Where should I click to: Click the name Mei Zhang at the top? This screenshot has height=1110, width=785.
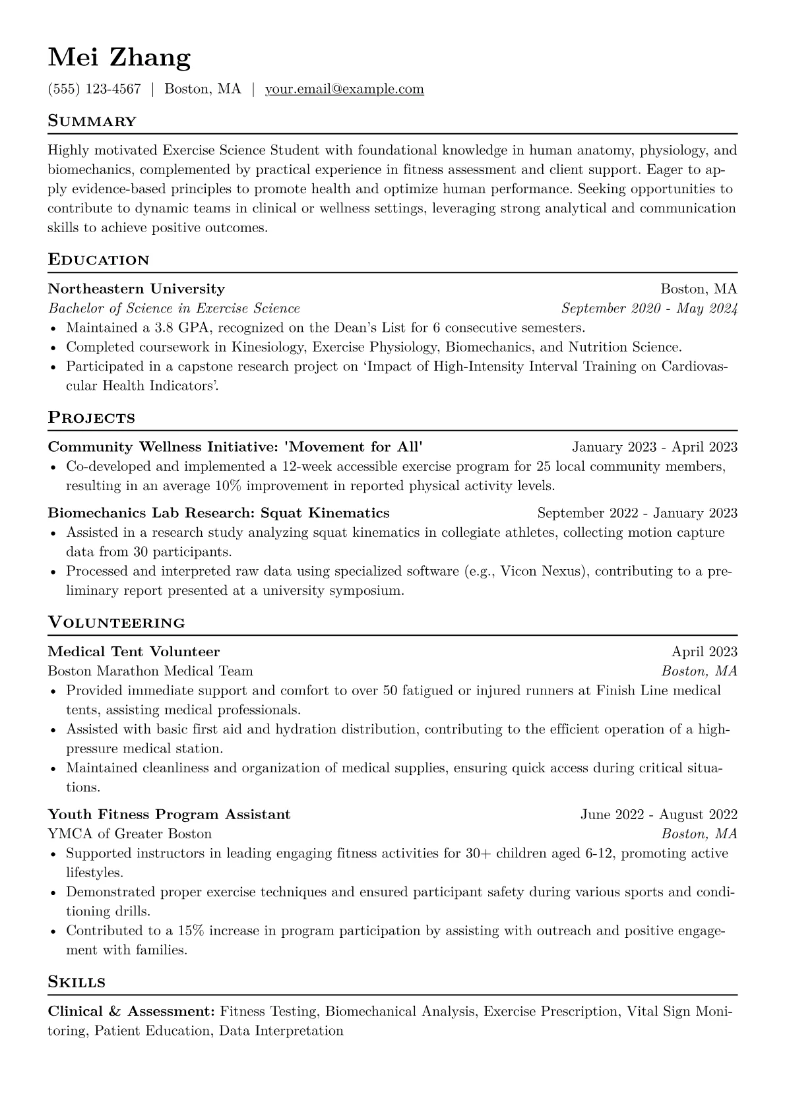119,58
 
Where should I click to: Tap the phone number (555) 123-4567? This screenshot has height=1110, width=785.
94,89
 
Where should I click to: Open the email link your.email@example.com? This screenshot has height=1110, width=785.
344,89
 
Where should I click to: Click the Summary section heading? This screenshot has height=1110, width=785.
92,121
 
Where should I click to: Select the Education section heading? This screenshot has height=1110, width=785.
98,260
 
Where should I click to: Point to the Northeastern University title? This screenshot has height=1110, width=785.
136,289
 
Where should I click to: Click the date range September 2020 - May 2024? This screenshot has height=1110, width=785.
649,309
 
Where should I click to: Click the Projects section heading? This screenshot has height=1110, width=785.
91,418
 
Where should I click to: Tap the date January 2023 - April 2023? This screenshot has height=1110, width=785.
654,447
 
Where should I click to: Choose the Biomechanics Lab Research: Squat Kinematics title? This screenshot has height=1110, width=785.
218,513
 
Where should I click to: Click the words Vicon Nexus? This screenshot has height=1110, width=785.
543,571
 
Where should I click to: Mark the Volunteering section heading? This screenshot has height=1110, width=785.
116,623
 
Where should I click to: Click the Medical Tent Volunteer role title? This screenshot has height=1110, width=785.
134,652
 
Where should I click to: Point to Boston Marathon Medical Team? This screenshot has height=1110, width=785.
150,671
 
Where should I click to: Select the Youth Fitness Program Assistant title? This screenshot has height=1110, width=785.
169,815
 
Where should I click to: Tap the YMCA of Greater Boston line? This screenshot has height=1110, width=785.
130,834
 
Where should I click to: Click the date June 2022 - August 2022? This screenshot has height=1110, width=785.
658,815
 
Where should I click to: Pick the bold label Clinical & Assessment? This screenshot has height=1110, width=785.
131,1012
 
